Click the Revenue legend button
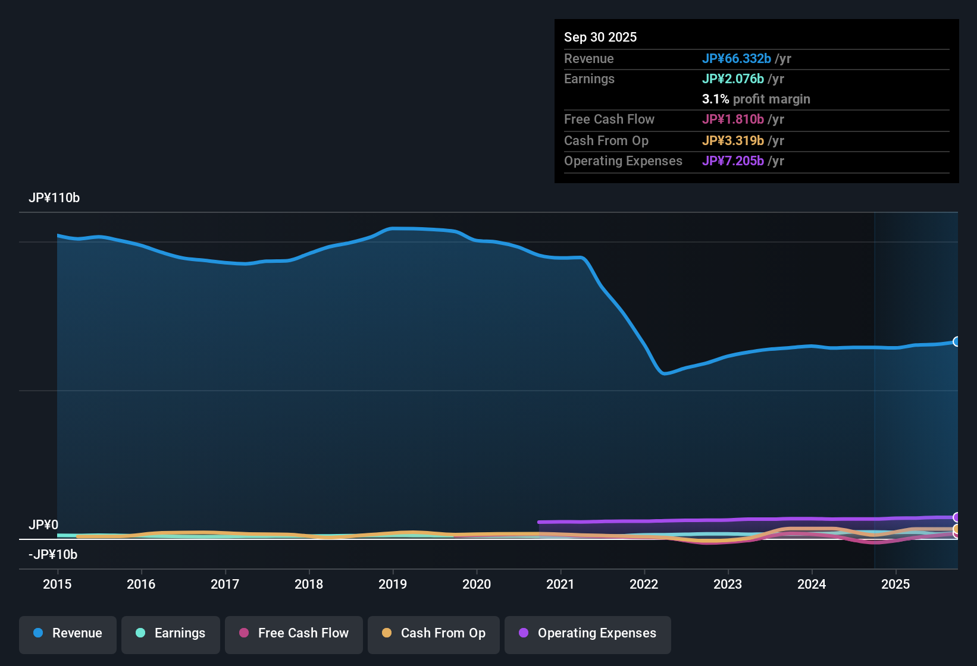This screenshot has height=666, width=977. click(x=68, y=634)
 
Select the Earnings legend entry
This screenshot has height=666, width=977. click(x=171, y=634)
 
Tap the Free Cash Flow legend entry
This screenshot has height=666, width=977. click(x=294, y=634)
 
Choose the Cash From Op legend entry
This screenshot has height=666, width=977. click(x=434, y=634)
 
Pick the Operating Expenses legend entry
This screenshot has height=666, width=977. click(x=588, y=634)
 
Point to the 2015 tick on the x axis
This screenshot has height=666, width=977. click(x=57, y=584)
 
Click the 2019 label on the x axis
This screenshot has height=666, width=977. click(x=393, y=584)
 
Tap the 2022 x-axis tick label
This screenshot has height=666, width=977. click(x=644, y=584)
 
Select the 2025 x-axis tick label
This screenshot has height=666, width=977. click(x=895, y=584)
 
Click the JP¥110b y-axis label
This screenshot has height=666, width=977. click(x=54, y=198)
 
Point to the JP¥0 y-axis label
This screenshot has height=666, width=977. click(x=43, y=525)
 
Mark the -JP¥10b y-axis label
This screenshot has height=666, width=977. click(x=53, y=555)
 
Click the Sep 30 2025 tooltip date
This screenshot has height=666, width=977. click(x=600, y=37)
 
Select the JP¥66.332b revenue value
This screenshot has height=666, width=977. click(x=737, y=59)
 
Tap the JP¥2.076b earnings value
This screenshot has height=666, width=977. click(x=733, y=79)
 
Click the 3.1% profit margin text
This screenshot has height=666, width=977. click(x=756, y=99)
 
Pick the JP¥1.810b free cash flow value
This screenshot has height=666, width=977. click(x=733, y=120)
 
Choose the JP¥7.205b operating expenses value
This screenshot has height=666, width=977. click(x=733, y=161)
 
